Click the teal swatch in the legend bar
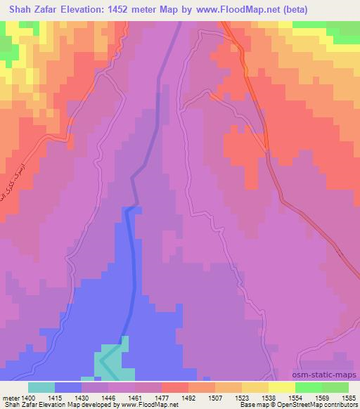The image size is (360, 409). [x=41, y=387]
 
